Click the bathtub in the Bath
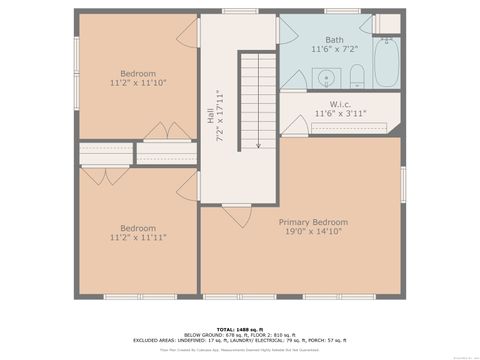pos(387,62)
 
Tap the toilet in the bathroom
pos(357,76)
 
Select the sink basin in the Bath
pos(326,77)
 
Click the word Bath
pos(333,39)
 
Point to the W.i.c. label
pos(340,104)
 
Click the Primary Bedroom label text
pos(313,222)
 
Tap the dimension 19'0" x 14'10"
pos(313,232)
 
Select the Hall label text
pos(211,117)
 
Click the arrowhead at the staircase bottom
pos(258,145)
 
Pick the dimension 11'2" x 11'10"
pos(138,83)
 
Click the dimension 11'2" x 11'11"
pos(138,238)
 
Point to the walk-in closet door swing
pos(293,125)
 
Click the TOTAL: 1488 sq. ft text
pos(239,327)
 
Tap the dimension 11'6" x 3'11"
pos(340,114)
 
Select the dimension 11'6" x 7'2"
pos(333,49)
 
